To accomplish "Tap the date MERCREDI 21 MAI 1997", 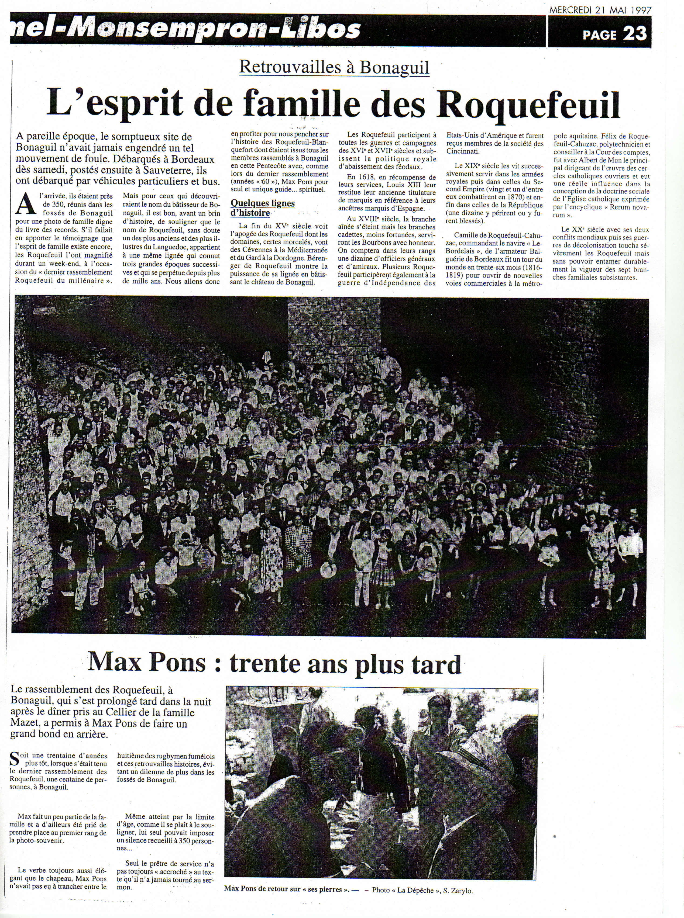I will coord(600,10).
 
